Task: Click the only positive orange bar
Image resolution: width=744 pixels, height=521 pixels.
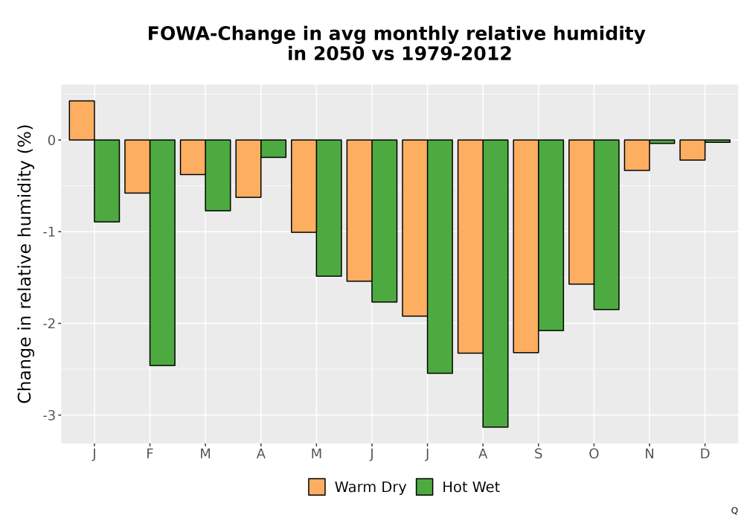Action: coord(82,121)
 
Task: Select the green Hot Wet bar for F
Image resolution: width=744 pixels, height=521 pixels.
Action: coord(162,252)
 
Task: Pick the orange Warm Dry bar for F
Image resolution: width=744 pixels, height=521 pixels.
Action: coord(137,167)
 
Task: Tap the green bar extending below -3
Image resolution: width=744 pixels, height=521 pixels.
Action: coord(496,284)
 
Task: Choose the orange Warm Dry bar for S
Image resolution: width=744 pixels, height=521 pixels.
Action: coord(526,246)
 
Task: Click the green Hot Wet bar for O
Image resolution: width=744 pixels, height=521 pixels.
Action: coord(606,225)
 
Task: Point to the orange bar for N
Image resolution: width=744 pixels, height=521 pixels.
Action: coord(637,155)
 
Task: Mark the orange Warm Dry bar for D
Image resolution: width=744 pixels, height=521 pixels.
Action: coord(692,150)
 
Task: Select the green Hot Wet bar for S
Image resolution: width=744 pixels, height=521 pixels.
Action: coord(551,235)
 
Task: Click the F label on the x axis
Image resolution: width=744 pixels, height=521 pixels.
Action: coord(150,454)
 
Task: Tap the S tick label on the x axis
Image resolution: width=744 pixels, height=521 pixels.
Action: coord(538,454)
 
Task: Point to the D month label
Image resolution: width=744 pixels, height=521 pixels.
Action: coord(705,454)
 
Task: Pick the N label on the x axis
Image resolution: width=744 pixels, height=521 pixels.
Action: coord(649,454)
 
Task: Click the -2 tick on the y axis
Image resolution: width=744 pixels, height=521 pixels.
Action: coord(49,324)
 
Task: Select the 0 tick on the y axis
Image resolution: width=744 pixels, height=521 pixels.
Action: coord(52,140)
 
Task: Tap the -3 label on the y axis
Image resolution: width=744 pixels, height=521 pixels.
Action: coord(49,415)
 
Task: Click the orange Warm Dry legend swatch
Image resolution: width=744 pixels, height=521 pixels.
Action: coord(316,487)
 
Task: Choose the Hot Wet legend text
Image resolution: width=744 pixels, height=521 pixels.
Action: coord(471,488)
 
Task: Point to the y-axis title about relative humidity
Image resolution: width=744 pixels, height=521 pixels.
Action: coord(25,263)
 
